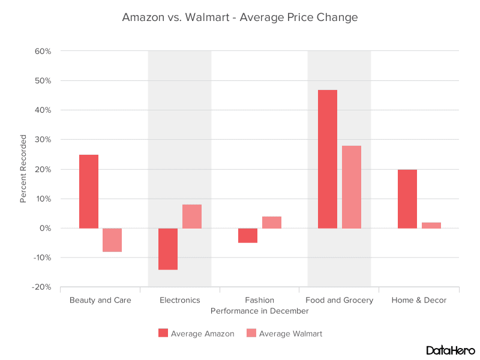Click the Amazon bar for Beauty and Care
(x=89, y=191)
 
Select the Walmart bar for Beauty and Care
(x=112, y=240)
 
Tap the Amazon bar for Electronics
(x=168, y=249)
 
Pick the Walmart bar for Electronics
(x=192, y=217)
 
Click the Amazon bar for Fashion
(x=248, y=235)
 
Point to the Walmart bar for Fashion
(x=272, y=223)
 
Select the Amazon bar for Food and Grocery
(x=328, y=159)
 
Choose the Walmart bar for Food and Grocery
(x=352, y=187)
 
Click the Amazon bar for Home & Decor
(x=407, y=199)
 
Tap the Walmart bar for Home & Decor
(x=431, y=226)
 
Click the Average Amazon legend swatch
(x=163, y=333)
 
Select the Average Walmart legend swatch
(x=251, y=333)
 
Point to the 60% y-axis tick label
(x=43, y=51)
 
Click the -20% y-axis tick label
(x=41, y=287)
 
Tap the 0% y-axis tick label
(x=46, y=228)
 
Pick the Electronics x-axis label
(x=180, y=300)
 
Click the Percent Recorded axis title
(x=23, y=169)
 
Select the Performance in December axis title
(x=260, y=311)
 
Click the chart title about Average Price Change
(x=240, y=17)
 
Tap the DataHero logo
(x=450, y=350)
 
